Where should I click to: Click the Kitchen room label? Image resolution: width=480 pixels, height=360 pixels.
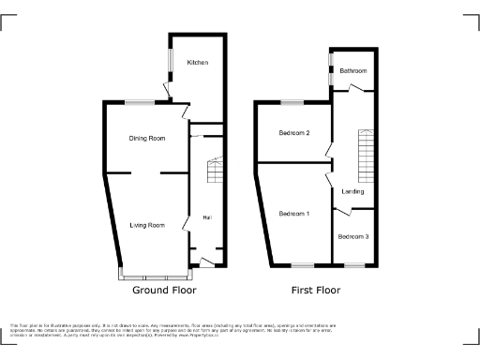197,63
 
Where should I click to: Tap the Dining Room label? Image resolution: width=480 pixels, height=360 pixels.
147,139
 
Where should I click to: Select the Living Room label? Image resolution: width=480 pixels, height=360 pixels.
147,225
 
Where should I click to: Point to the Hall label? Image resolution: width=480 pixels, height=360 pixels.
205,217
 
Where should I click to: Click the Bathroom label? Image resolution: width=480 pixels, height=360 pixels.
352,71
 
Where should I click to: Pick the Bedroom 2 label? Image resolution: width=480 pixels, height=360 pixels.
294,133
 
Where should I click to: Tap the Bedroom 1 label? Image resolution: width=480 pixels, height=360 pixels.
294,214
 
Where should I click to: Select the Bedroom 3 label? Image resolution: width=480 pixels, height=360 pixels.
353,236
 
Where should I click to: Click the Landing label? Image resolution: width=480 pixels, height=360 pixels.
352,191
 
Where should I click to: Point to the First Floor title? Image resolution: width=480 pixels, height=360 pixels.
314,291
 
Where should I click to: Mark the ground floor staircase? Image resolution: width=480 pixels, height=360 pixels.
215,171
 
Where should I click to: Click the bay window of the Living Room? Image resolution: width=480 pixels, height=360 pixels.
155,277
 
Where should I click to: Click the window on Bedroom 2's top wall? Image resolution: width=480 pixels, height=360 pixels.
291,101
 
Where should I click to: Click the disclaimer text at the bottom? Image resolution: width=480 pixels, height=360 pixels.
178,329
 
